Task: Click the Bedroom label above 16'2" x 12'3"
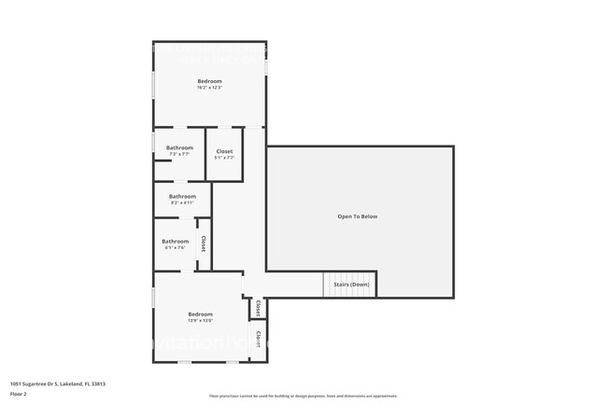click(209, 81)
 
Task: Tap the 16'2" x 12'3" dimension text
click(209, 88)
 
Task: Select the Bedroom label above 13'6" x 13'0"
click(201, 313)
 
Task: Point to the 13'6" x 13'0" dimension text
click(201, 320)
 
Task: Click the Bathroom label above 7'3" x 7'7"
click(179, 147)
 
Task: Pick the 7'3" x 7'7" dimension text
click(179, 154)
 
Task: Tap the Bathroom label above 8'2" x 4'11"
click(182, 196)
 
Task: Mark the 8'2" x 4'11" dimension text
click(182, 202)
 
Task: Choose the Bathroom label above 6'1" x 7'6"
click(176, 242)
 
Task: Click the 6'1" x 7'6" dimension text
click(176, 248)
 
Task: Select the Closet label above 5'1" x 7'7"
click(224, 151)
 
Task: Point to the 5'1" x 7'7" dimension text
click(224, 158)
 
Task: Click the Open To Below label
click(358, 216)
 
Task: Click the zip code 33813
click(98, 383)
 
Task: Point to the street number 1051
click(16, 383)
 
